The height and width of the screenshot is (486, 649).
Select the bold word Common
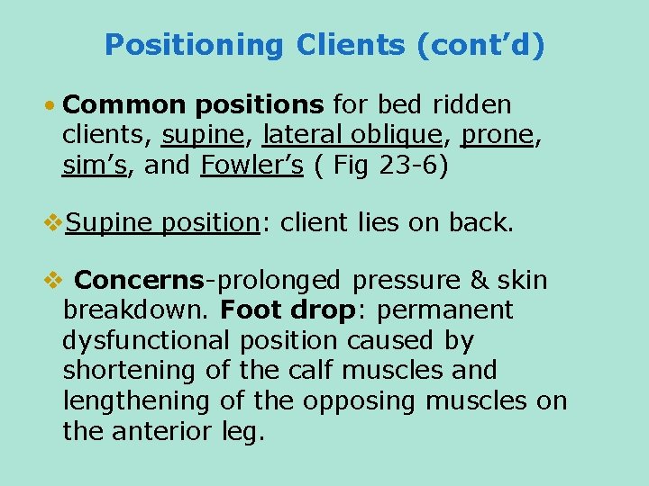pyautogui.click(x=115, y=105)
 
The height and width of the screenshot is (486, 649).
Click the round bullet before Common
pyautogui.click(x=51, y=106)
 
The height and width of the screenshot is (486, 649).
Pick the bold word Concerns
pyautogui.click(x=140, y=280)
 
